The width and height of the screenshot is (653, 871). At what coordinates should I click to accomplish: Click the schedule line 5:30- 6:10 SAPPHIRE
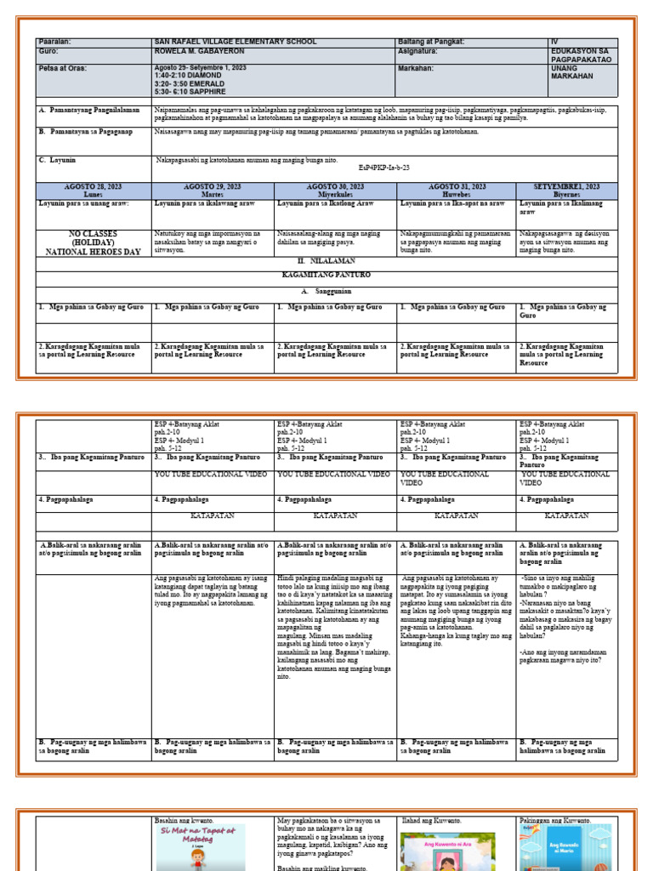click(x=191, y=91)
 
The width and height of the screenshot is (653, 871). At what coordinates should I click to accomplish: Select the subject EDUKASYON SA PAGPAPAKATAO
click(x=584, y=55)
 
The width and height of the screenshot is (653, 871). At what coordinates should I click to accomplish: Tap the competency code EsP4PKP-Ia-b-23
click(x=384, y=168)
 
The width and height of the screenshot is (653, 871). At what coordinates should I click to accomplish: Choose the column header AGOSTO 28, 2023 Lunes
click(x=94, y=190)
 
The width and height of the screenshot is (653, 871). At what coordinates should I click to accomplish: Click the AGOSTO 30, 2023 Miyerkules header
click(x=335, y=190)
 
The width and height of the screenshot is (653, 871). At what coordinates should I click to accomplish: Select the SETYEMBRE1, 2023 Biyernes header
click(x=566, y=190)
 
